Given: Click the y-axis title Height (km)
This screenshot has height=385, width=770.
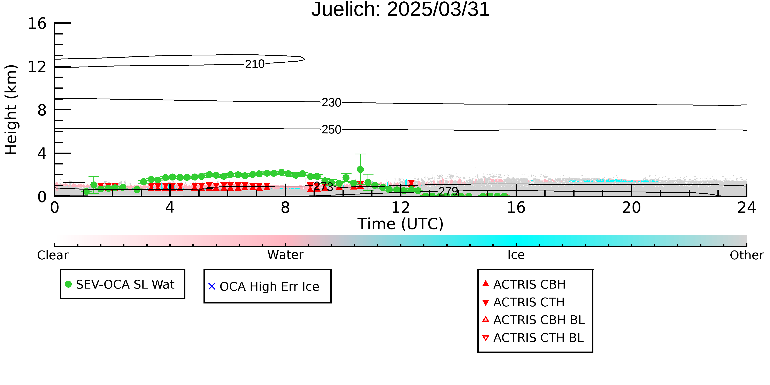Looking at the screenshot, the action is [11, 110].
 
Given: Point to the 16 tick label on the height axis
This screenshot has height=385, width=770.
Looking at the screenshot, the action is [37, 23].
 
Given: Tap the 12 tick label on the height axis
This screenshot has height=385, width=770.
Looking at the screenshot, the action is [37, 67].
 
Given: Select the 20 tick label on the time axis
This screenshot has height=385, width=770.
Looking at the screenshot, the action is [631, 207].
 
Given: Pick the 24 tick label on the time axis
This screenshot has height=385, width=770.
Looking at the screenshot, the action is [747, 207].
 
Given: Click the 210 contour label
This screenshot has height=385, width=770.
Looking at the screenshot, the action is [255, 64].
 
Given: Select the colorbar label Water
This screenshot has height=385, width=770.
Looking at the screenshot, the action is [285, 255].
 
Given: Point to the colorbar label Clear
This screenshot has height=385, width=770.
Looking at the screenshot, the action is [53, 255].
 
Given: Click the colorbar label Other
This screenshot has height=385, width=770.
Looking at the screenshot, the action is [747, 255].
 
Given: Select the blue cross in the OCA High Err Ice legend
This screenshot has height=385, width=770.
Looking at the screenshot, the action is [212, 286].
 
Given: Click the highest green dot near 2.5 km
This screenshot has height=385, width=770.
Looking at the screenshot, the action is [360, 169].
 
